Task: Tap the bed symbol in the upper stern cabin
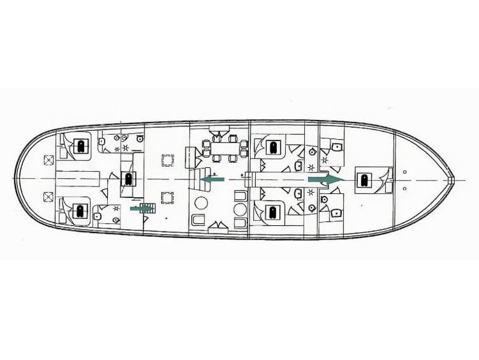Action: pos(81,146)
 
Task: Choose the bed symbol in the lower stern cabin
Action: pos(81,210)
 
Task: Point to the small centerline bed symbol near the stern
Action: pos(128,179)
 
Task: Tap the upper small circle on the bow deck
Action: pos(406,171)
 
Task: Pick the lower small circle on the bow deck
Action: pos(406,189)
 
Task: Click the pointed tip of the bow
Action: pos(453,179)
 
